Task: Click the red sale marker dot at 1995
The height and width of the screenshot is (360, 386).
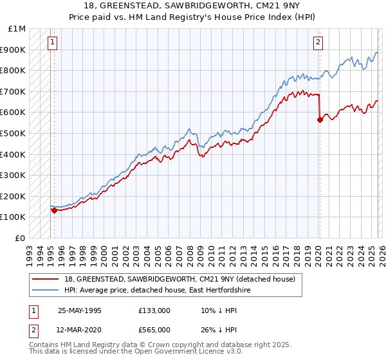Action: pos(54,210)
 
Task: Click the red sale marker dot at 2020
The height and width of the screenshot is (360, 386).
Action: pos(320,119)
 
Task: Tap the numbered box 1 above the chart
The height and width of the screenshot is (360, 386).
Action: pos(52,43)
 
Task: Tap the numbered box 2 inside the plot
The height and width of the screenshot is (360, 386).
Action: pos(318,43)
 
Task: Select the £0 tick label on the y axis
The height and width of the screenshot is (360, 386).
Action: pos(21,238)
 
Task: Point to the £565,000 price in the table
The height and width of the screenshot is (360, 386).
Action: pos(154,330)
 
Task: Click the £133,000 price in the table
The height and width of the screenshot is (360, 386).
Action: pos(154,310)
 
